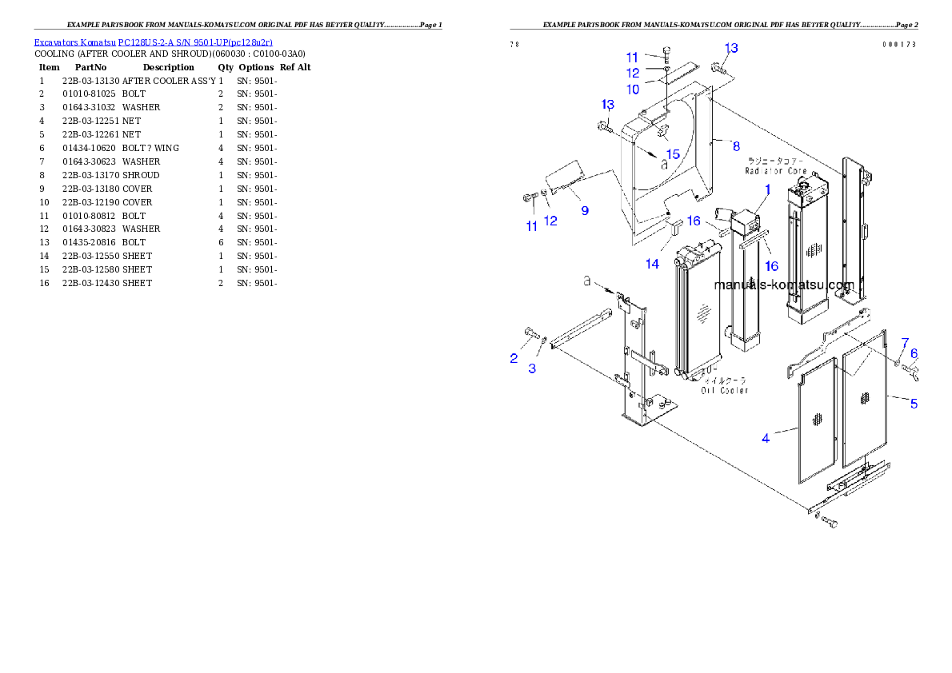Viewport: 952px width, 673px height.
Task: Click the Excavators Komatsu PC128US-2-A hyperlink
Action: pos(153,42)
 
